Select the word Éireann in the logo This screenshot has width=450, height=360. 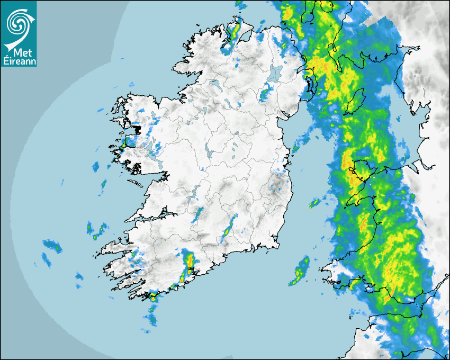(19, 61)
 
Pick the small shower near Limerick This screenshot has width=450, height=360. (199, 214)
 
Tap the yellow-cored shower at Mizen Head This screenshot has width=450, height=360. (153, 297)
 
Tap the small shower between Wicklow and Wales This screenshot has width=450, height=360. (316, 202)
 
